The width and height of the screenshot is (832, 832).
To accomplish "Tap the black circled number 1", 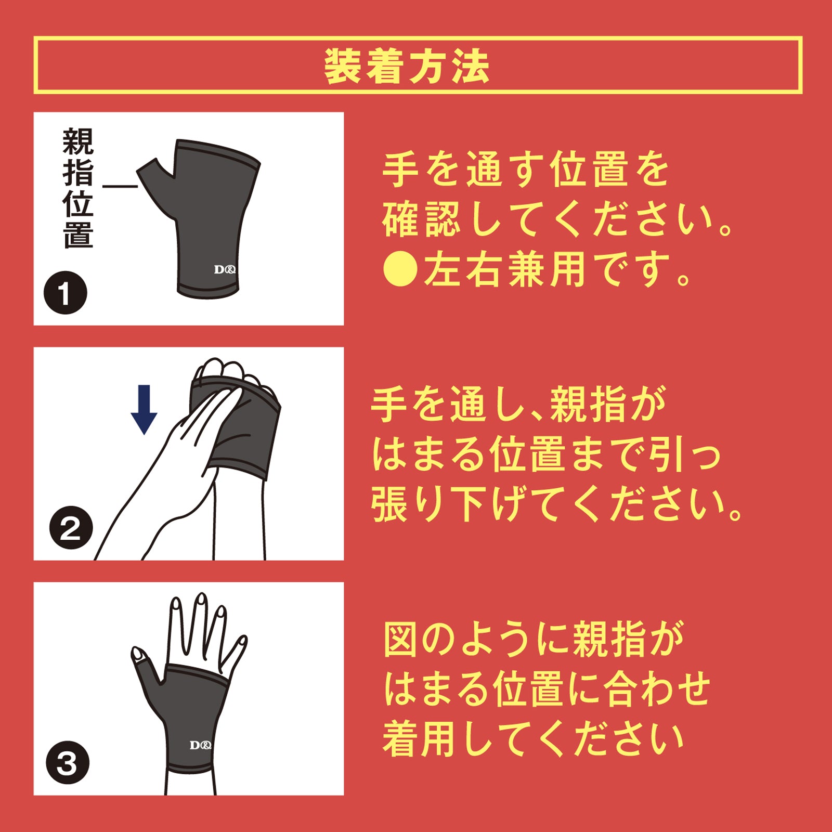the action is point(65,293).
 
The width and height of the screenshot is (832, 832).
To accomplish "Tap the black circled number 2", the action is point(71,528).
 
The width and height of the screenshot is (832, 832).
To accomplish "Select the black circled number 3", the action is point(68,763).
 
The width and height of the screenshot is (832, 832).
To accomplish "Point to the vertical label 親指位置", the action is point(79,188).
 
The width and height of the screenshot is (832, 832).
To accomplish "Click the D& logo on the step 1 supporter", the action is point(225,269).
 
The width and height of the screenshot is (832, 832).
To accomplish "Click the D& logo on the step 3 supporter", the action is point(200,745).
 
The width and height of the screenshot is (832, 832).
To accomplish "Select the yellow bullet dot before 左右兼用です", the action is point(400,269).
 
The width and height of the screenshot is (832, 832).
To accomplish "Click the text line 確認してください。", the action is point(557,219).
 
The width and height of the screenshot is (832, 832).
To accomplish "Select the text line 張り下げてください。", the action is point(556,504).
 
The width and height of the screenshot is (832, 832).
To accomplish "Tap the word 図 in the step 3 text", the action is point(401,640).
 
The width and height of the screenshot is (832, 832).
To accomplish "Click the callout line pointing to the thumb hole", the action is point(120,186).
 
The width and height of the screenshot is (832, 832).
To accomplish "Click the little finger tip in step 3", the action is point(241,642).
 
